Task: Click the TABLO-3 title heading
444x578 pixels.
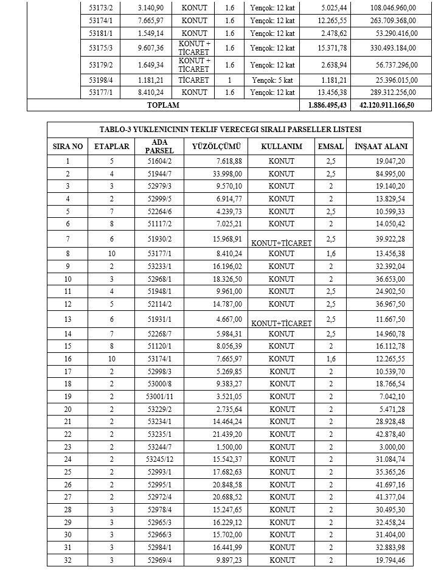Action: [x=230, y=130]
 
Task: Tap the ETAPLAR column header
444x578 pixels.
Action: [x=111, y=147]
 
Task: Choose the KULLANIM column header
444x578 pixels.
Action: [x=281, y=147]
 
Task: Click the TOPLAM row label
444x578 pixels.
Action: [x=163, y=105]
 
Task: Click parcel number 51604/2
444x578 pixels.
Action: [x=160, y=161]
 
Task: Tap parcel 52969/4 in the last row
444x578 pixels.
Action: [x=160, y=560]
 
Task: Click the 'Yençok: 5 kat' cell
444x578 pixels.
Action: [x=272, y=80]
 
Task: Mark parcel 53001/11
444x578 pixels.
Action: [x=160, y=396]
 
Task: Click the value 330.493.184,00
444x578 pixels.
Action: [x=394, y=47]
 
